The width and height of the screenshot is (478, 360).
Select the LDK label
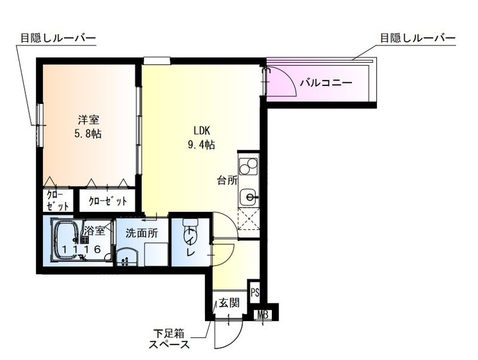click(x=201, y=131)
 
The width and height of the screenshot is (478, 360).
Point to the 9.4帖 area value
click(x=201, y=145)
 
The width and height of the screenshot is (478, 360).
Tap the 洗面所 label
click(x=142, y=233)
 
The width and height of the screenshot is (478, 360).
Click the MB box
click(x=262, y=315)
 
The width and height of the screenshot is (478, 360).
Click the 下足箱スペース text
click(x=170, y=340)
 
